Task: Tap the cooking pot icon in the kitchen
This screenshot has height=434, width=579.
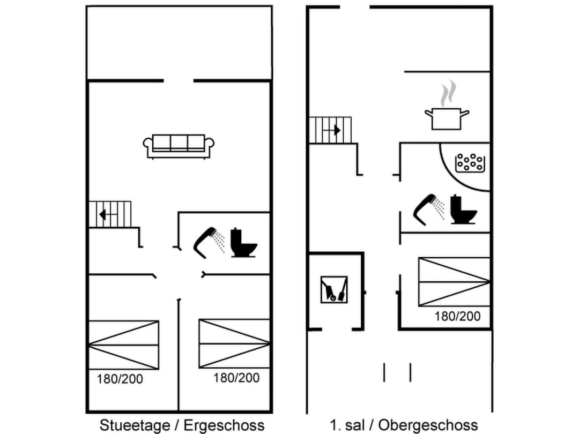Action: tap(446, 118)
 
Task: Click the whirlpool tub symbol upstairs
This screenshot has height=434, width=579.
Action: tap(470, 162)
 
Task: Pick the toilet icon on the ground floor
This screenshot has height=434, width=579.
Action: tap(243, 243)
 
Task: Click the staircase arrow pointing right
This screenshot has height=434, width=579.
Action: tap(335, 130)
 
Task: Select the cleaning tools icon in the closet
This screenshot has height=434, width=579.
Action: tap(334, 289)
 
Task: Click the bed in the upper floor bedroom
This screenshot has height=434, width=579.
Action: tap(454, 282)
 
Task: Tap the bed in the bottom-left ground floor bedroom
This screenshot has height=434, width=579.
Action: tap(124, 345)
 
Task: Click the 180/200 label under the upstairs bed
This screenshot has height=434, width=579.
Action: tap(457, 316)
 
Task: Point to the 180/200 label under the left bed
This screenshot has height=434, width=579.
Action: tap(120, 379)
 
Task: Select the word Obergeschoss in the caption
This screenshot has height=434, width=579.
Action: tap(427, 425)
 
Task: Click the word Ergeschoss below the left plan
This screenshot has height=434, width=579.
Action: tap(224, 425)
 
